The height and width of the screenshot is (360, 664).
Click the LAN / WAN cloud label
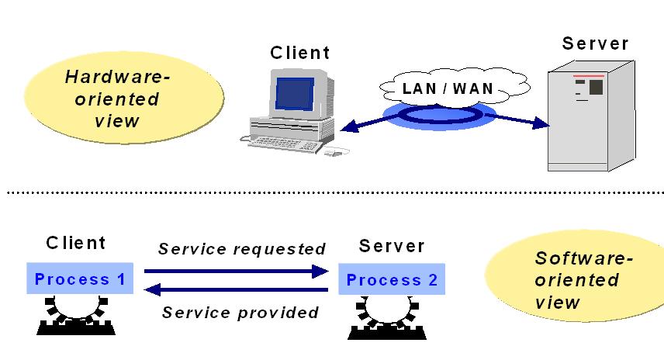(x=448, y=88)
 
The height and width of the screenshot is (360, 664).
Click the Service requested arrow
(x=237, y=271)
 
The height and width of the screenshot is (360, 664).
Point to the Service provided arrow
(x=237, y=290)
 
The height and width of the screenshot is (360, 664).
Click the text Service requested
(x=241, y=249)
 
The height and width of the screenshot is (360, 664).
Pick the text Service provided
(x=241, y=313)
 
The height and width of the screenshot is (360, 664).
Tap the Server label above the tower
(x=595, y=43)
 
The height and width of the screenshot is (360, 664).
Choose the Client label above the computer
(x=299, y=53)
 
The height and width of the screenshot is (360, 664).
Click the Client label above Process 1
(x=75, y=243)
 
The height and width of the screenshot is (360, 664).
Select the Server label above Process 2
(x=392, y=246)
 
